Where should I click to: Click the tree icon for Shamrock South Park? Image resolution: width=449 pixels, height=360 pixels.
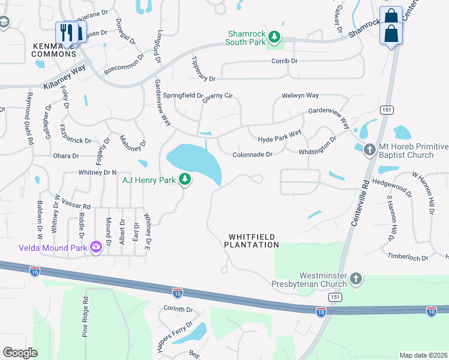pyautogui.click(x=274, y=38)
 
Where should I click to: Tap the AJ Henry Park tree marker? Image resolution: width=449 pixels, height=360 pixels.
pyautogui.click(x=186, y=179)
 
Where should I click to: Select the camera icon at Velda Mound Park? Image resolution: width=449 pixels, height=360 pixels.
pyautogui.click(x=95, y=247)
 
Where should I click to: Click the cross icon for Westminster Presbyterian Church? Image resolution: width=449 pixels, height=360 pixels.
pyautogui.click(x=357, y=278)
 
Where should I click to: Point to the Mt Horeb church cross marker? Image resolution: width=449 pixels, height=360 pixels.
pyautogui.click(x=370, y=149)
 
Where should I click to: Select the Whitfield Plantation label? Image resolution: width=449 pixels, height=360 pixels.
pyautogui.click(x=252, y=241)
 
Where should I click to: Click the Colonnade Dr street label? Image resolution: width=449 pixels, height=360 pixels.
pyautogui.click(x=253, y=154)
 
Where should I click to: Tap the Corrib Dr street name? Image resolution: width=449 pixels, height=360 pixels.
pyautogui.click(x=285, y=61)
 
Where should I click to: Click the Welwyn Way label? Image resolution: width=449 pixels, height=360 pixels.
pyautogui.click(x=300, y=95)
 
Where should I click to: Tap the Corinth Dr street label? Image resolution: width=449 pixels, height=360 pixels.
pyautogui.click(x=178, y=309)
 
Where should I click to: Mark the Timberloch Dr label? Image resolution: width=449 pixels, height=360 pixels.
pyautogui.click(x=408, y=257)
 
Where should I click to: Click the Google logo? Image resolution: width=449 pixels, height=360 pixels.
pyautogui.click(x=20, y=353)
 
